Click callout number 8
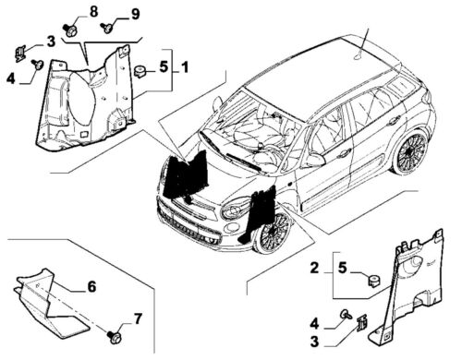pyautogui.click(x=93, y=12)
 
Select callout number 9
pyautogui.click(x=135, y=14)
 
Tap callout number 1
pyautogui.click(x=185, y=67)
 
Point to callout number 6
pyautogui.click(x=91, y=286)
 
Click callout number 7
pyautogui.click(x=138, y=318)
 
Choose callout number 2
pyautogui.click(x=314, y=268)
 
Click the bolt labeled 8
pyautogui.click(x=70, y=30)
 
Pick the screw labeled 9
pyautogui.click(x=106, y=28)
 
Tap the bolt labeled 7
pyautogui.click(x=115, y=337)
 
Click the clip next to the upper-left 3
pyautogui.click(x=20, y=53)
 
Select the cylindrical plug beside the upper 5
pyautogui.click(x=140, y=71)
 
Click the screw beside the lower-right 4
pyautogui.click(x=346, y=314)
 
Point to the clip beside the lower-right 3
pyautogui.click(x=362, y=323)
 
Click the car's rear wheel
pyautogui.click(x=409, y=153)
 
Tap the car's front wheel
pyautogui.click(x=273, y=234)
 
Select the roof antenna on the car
pyautogui.click(x=362, y=45)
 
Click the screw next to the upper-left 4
pyautogui.click(x=37, y=64)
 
